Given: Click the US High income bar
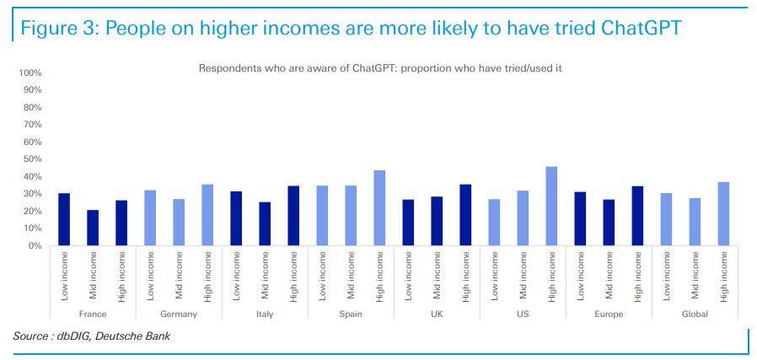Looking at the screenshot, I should coord(551,207).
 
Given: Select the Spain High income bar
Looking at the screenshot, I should coord(379,208).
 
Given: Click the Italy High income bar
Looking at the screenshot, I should coord(293,216).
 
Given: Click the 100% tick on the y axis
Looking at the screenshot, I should coord(30,73).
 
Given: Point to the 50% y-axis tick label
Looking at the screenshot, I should coord(32,159).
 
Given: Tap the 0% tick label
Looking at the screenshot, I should coord(35,246).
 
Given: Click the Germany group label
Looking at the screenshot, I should coord(179,314).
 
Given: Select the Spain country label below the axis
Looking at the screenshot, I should coord(351,314).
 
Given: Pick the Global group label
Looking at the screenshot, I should coord(695,314).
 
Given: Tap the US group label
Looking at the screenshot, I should coord(523,314).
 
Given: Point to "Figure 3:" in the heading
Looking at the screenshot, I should coord(57,28).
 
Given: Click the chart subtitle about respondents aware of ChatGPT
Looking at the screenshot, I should coord(379,67).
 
